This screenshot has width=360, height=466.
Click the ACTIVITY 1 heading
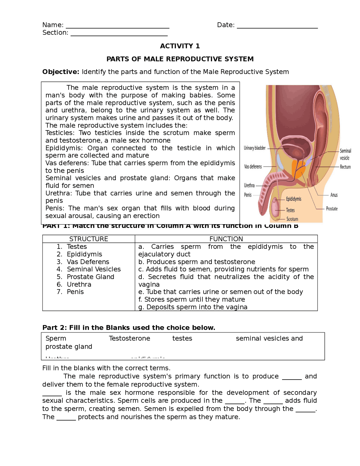click(x=180, y=46)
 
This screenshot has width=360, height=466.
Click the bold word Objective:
click(x=61, y=72)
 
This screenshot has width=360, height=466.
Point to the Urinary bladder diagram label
click(x=255, y=148)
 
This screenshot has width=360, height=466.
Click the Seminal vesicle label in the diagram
click(x=345, y=154)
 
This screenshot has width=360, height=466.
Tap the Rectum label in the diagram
click(x=345, y=167)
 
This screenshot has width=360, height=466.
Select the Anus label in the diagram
click(x=334, y=195)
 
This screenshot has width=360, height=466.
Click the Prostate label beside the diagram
click(x=332, y=209)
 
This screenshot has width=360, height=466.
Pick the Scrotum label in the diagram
click(x=292, y=219)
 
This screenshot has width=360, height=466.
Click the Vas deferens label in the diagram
click(x=253, y=167)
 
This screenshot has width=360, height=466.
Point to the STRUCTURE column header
click(x=89, y=239)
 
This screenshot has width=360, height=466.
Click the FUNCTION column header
click(x=226, y=239)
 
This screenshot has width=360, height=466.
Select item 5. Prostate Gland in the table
click(x=90, y=277)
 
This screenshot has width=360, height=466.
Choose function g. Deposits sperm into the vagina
click(x=193, y=307)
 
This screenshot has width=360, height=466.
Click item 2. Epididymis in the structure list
click(x=84, y=254)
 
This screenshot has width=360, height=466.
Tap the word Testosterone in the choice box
click(x=129, y=338)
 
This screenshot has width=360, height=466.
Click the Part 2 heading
click(x=129, y=328)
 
